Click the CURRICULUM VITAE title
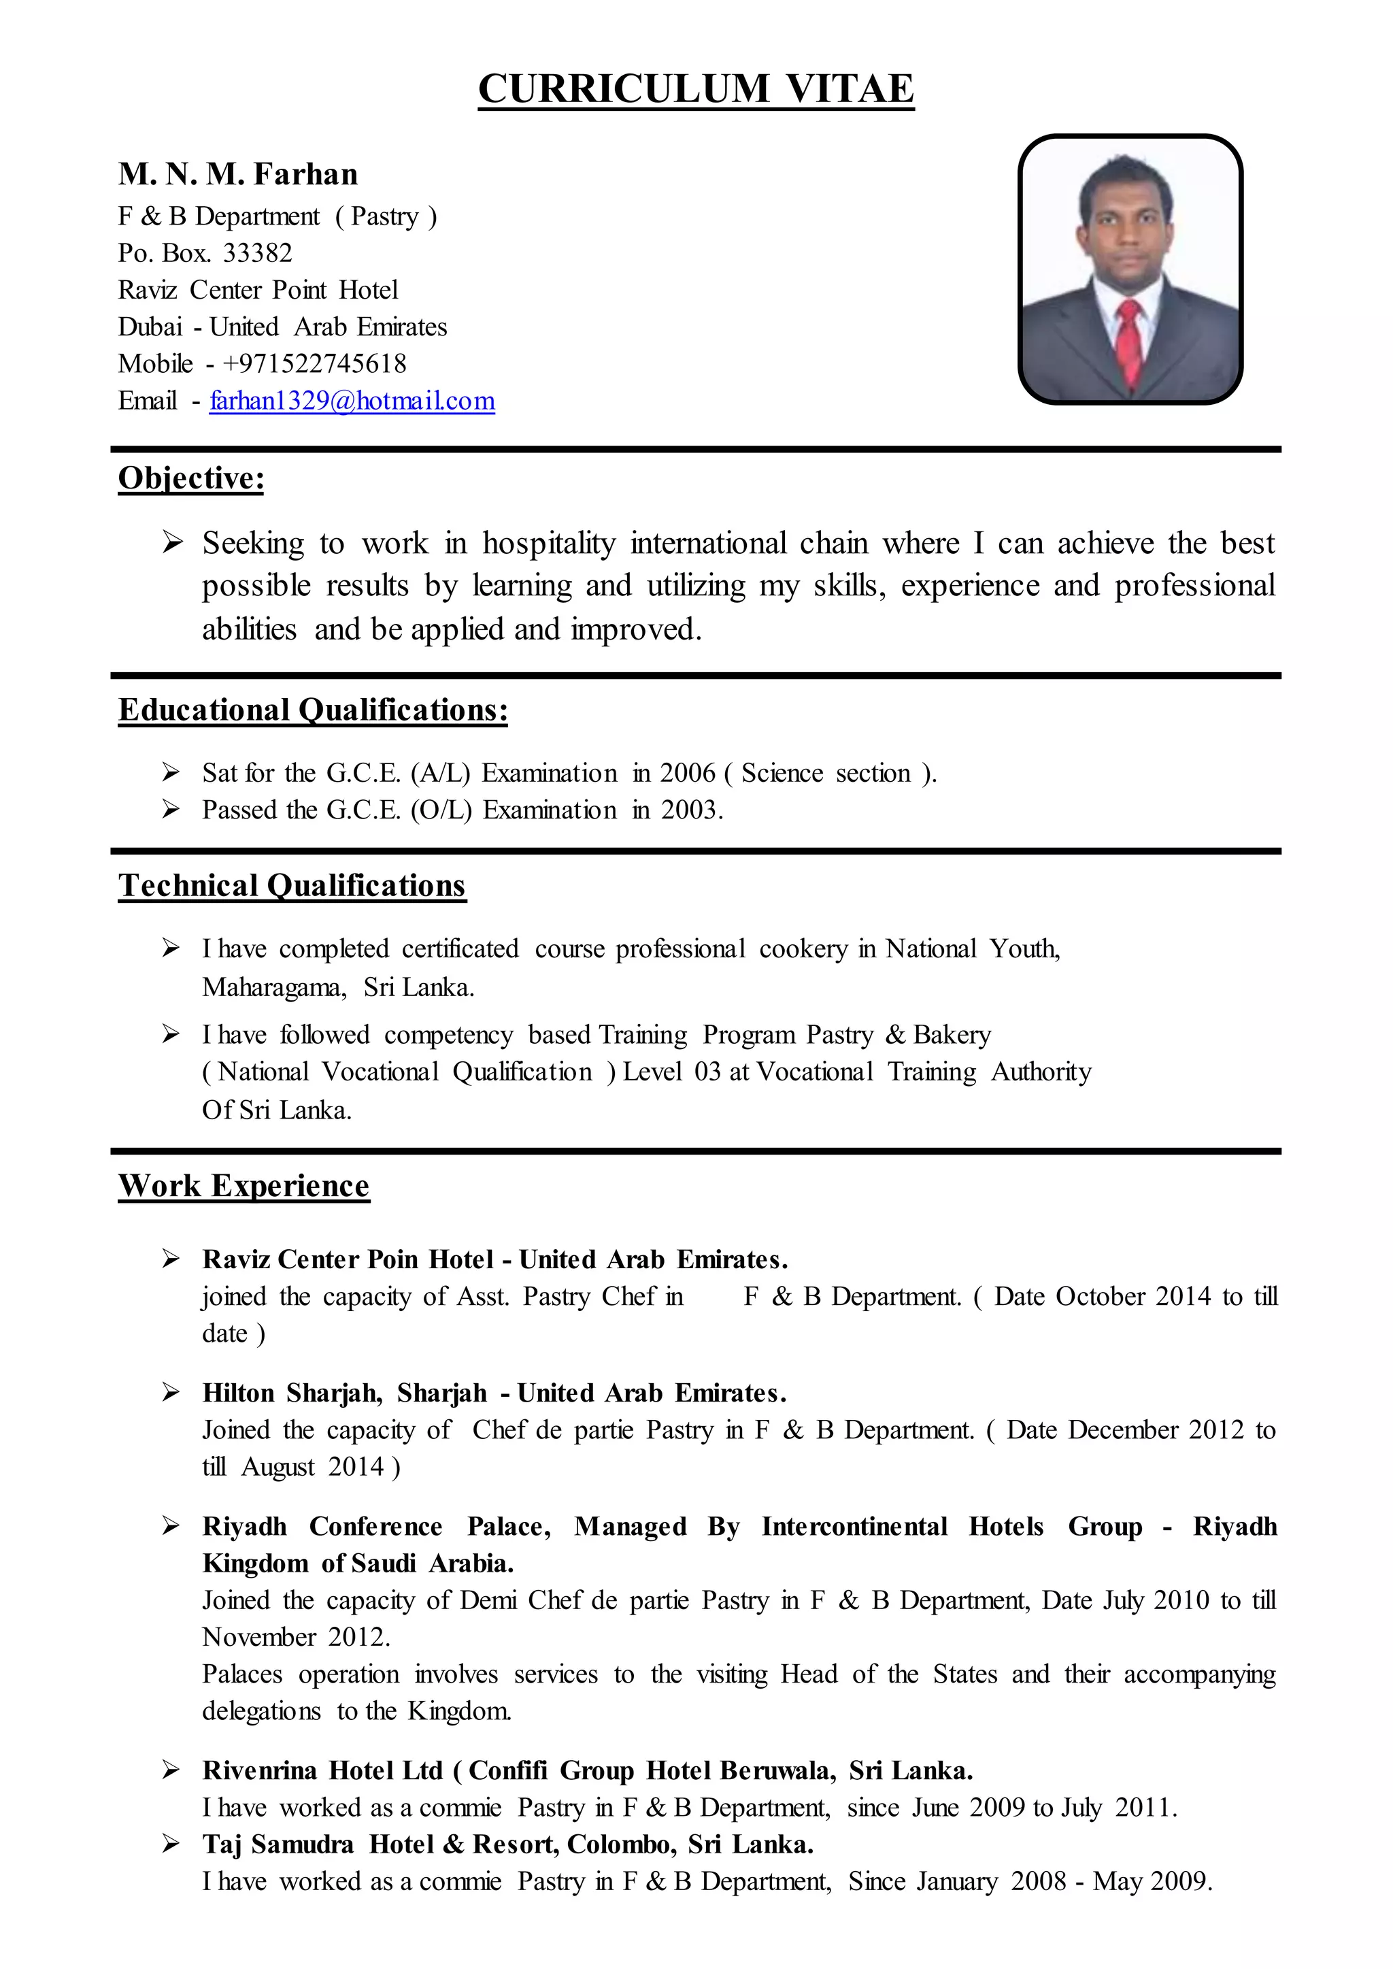click(696, 89)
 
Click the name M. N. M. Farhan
click(239, 174)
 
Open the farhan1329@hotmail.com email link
click(352, 401)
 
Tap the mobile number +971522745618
click(315, 364)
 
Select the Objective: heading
click(191, 478)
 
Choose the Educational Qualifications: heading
click(313, 710)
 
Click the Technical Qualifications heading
click(292, 885)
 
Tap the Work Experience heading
click(244, 1186)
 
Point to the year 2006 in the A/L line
click(687, 773)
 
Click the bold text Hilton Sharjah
click(292, 1393)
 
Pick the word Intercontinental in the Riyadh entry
click(854, 1526)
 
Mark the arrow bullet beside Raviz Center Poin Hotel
click(171, 1259)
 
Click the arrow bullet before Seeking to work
click(172, 542)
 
